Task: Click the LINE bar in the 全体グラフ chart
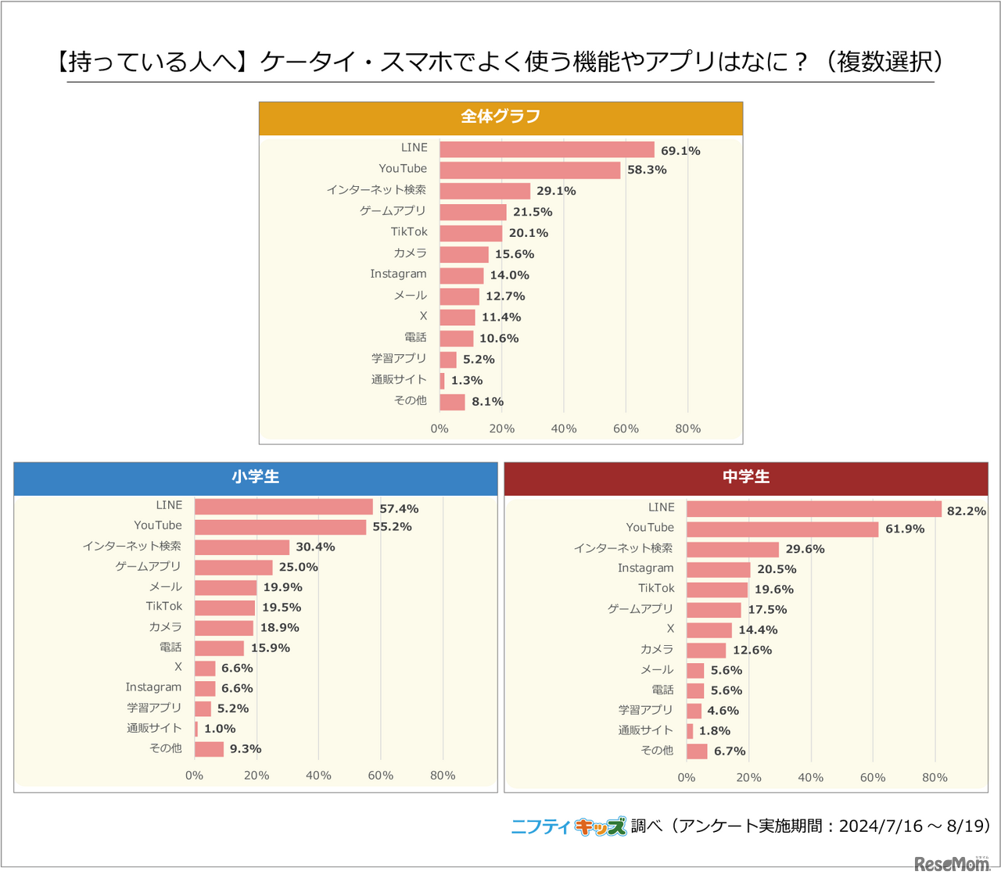coord(547,149)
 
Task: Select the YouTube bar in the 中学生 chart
coord(782,529)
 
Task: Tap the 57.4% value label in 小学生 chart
coord(399,508)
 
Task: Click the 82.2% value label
coord(966,511)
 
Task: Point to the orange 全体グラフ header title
coord(500,117)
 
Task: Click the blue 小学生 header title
coord(255,477)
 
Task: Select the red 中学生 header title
coord(745,477)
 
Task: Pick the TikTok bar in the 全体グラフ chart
coord(471,233)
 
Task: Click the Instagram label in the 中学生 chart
coord(645,568)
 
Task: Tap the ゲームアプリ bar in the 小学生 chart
coord(233,567)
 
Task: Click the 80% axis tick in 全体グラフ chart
coord(687,428)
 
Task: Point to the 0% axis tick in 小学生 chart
coord(194,775)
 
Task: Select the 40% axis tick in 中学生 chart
coord(810,777)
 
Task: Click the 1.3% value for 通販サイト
coord(466,381)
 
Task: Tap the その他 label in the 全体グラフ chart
coord(411,400)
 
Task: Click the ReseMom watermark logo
coord(951,863)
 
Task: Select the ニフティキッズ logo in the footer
coord(568,826)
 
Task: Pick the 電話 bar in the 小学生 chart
coord(219,648)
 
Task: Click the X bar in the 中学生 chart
coord(709,630)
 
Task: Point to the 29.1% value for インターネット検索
coord(556,191)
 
